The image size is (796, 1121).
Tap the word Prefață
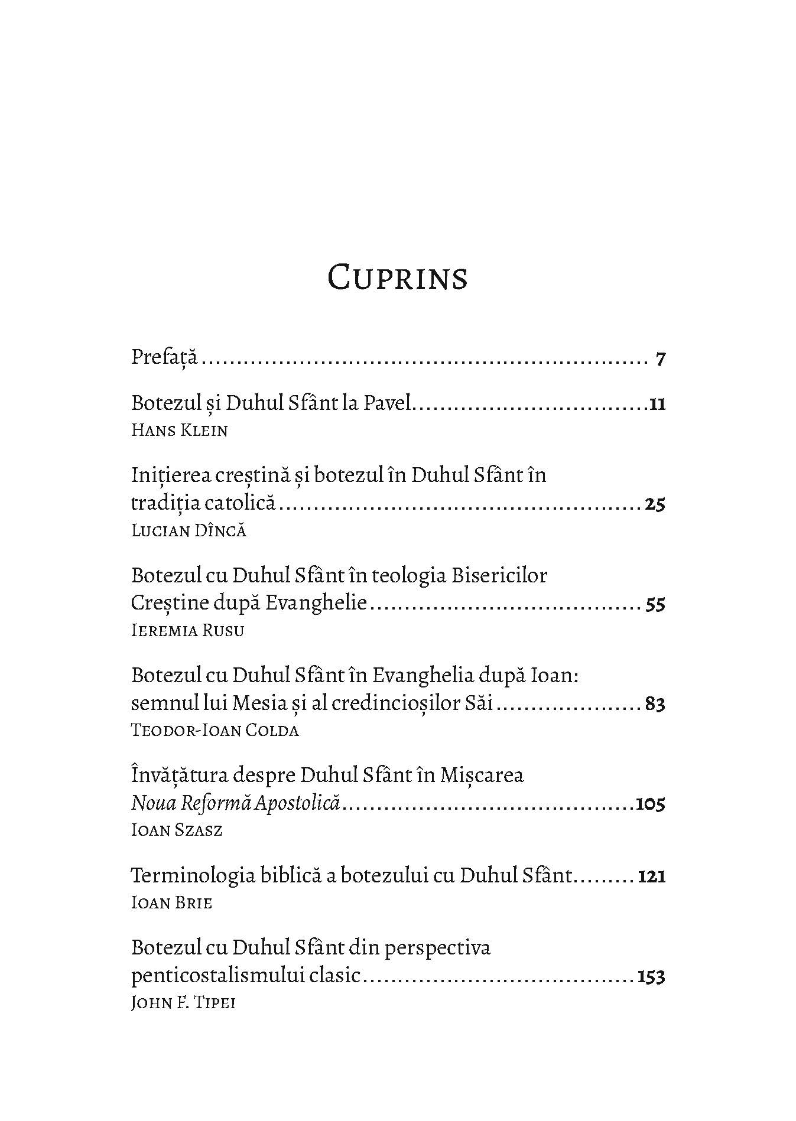tap(164, 358)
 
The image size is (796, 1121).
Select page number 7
tap(661, 359)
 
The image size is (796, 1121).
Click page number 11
tap(657, 405)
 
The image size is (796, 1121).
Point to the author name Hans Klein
tap(179, 430)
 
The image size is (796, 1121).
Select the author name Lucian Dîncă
tap(189, 530)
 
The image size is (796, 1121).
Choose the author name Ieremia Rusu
tap(187, 630)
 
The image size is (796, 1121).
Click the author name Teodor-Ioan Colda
tap(215, 731)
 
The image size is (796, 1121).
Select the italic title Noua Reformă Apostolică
tap(236, 804)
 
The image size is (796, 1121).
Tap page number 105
tap(650, 804)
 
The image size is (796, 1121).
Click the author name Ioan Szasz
tap(177, 830)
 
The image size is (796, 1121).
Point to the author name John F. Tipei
tap(183, 1003)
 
